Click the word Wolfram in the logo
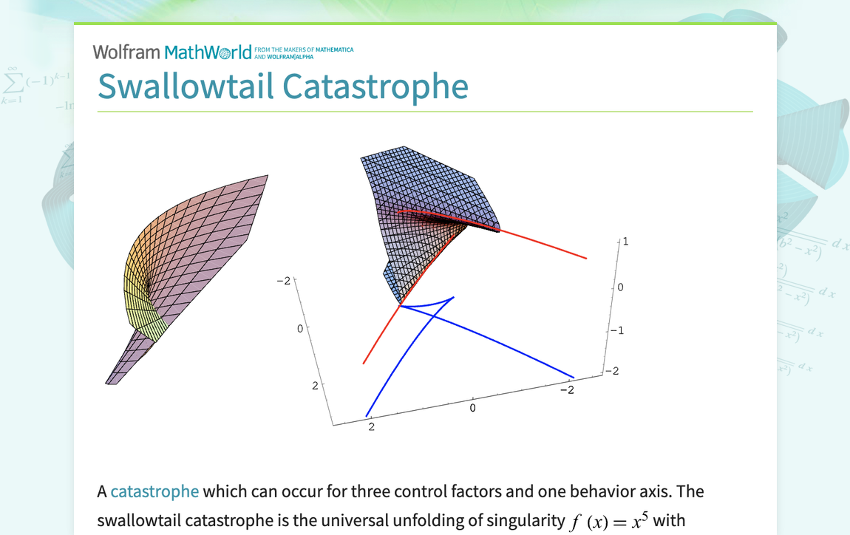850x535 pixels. click(x=126, y=52)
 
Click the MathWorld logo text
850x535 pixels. click(x=208, y=52)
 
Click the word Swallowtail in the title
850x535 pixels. click(x=186, y=86)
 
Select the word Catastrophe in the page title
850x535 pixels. click(x=375, y=86)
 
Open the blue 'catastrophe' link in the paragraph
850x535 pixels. click(x=154, y=491)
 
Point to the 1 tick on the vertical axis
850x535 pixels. click(x=626, y=242)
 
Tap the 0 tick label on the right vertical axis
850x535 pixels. click(x=621, y=287)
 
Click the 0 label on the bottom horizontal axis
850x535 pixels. click(x=473, y=407)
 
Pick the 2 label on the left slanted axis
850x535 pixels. click(x=315, y=385)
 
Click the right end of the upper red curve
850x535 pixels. click(x=586, y=258)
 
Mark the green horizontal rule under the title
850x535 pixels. click(x=425, y=112)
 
